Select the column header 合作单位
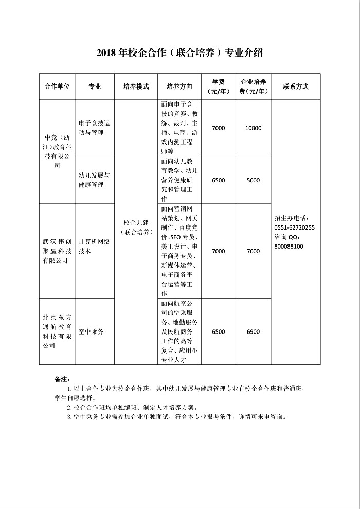coord(57,86)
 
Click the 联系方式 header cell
coord(295,86)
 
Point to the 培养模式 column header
coord(136,86)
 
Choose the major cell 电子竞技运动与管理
coord(94,128)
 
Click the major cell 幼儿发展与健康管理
coord(94,180)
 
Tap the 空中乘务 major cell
coord(91,332)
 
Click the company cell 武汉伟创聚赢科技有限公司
coord(57,251)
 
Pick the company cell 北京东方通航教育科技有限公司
coord(57,332)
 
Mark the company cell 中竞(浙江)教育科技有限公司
coord(57,152)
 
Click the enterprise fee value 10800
coord(253,128)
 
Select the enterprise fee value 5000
coord(253,180)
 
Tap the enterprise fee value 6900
coord(253,332)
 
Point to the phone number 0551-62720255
coord(295,227)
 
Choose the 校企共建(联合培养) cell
coord(136,227)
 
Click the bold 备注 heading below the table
coord(61,379)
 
